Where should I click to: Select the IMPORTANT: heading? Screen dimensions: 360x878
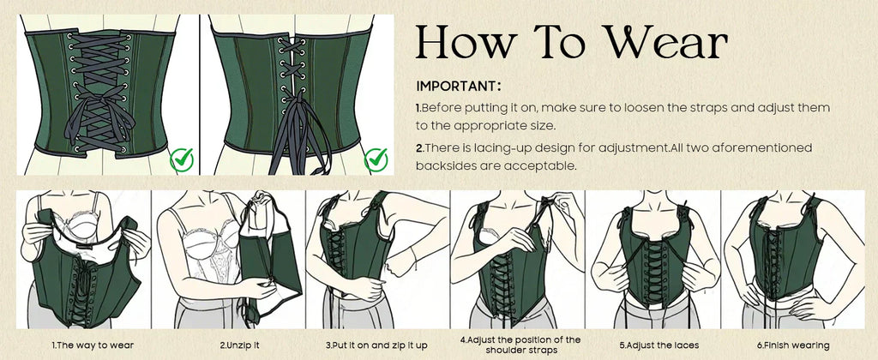[459, 87]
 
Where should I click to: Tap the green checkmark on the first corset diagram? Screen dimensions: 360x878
[181, 158]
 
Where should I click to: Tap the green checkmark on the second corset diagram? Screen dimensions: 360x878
[376, 158]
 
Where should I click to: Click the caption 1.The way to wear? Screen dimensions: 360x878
[93, 345]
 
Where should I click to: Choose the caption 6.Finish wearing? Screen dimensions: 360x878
[793, 345]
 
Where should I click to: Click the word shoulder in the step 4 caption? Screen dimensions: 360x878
[505, 350]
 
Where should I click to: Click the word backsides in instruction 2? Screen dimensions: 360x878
[445, 165]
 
